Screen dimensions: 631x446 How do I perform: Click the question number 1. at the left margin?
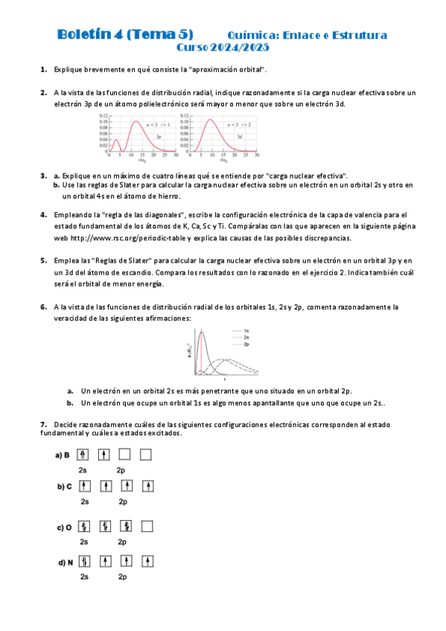coord(44,68)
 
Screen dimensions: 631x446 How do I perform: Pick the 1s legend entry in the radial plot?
coord(246,330)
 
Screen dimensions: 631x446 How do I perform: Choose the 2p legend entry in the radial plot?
coord(246,345)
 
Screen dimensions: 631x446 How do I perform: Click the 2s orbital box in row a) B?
coord(83,454)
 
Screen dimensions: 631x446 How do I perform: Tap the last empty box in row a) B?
coord(146,454)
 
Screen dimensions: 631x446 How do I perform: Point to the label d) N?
coord(64,563)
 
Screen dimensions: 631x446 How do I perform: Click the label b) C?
coord(64,487)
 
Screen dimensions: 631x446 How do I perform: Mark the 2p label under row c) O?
coord(124,542)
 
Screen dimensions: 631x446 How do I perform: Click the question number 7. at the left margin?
coord(44,424)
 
